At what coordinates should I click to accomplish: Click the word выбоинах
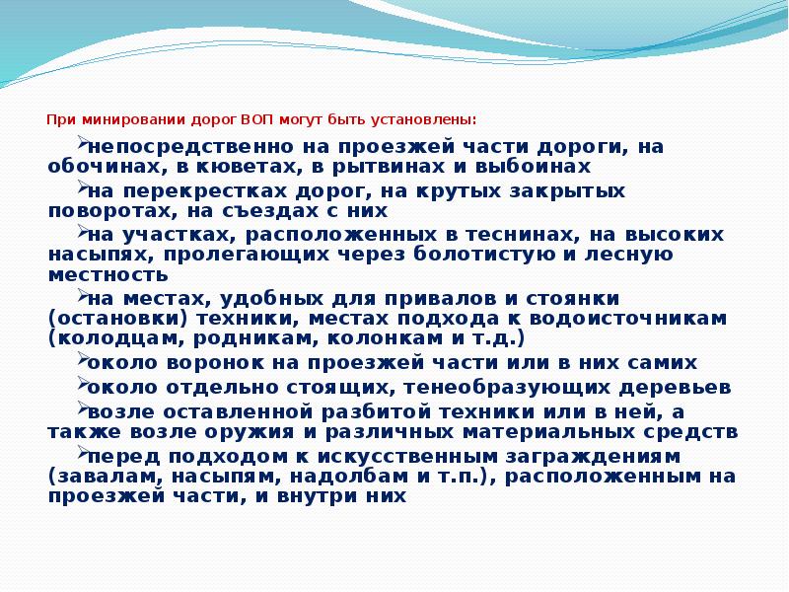click(534, 167)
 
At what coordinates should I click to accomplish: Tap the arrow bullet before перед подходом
click(80, 452)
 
